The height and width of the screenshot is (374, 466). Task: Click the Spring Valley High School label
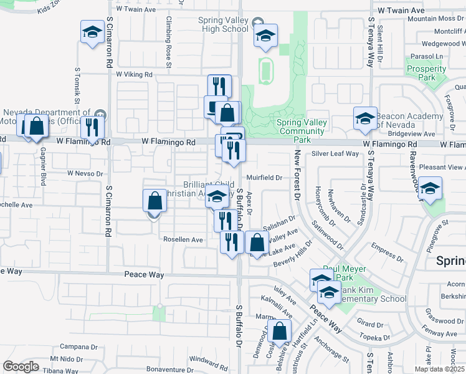coord(223,25)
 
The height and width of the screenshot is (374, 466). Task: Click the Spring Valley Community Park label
coord(302,131)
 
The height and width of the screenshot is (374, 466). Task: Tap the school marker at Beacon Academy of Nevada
coord(366,118)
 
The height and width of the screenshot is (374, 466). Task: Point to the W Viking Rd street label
coord(134,75)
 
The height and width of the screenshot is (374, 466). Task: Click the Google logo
coord(21,367)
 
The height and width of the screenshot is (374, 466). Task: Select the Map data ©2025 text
coord(439,369)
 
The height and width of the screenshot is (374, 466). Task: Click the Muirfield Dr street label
coord(265,178)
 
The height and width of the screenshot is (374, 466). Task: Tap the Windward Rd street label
coord(209,360)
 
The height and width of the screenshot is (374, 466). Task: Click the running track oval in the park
coord(266,70)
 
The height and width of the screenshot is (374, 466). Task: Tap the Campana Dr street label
coord(77,346)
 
